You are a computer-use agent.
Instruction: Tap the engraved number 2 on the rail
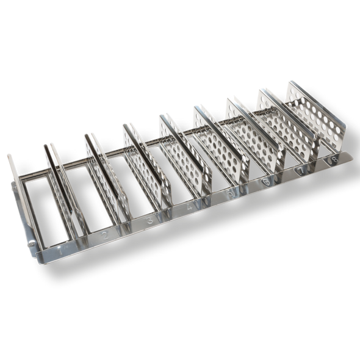[x=105, y=235]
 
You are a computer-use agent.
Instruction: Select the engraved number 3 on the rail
[x=149, y=220]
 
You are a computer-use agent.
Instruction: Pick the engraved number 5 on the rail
[x=229, y=195]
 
